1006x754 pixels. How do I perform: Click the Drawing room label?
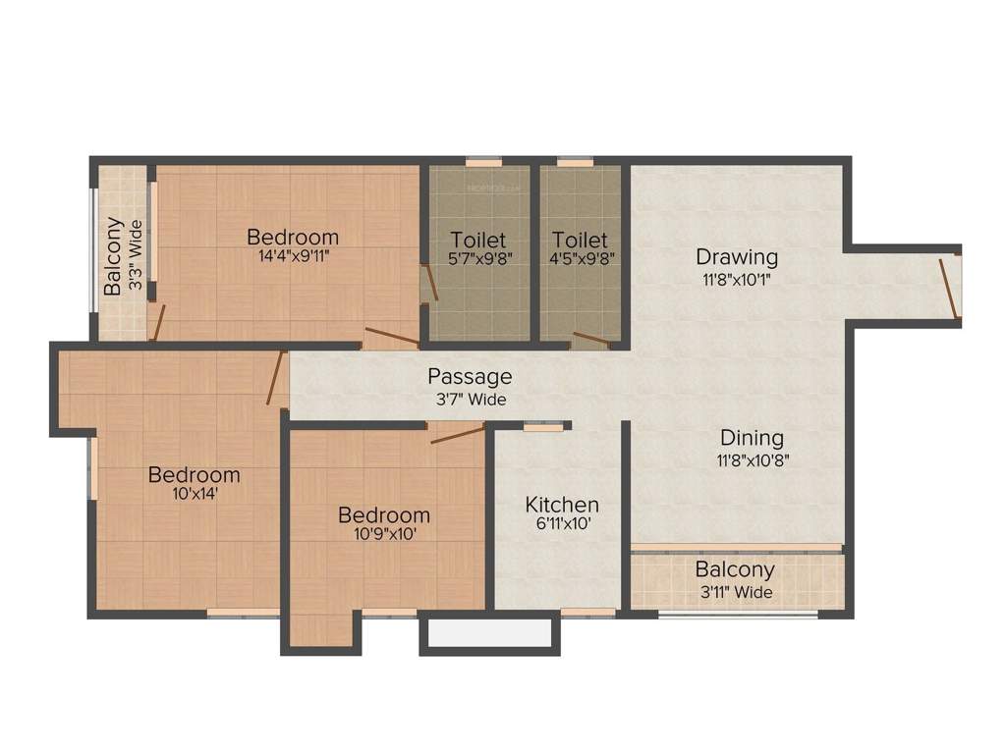point(737,257)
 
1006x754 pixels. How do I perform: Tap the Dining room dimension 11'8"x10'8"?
point(752,458)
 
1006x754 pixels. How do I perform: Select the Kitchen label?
point(562,505)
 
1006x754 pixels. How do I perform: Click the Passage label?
point(470,377)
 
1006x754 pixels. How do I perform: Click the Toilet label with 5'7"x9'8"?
point(477,240)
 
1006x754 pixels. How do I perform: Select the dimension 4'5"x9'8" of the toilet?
point(580,261)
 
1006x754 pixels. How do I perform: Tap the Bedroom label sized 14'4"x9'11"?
point(293,237)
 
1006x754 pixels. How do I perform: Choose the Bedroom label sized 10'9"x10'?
point(384,515)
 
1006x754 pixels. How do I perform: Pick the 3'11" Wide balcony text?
point(735,592)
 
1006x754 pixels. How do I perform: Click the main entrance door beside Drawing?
point(948,288)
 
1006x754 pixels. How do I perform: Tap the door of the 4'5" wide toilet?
point(590,341)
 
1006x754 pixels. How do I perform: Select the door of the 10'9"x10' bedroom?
point(457,434)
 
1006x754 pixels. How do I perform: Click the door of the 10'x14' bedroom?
point(275,378)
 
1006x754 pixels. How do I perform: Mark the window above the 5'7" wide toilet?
point(482,162)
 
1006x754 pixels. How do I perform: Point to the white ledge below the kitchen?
point(489,633)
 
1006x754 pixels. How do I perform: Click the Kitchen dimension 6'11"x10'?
point(562,525)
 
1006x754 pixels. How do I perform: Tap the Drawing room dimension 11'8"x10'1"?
point(737,279)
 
